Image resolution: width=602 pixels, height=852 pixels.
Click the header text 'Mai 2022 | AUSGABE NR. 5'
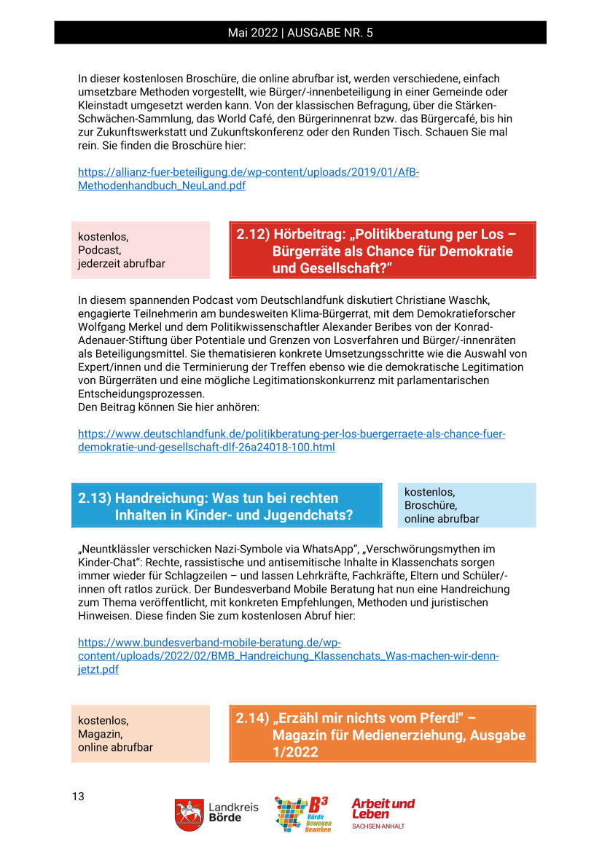300,33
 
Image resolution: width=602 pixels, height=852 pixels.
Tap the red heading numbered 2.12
382,251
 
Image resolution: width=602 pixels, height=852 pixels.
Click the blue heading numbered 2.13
226,507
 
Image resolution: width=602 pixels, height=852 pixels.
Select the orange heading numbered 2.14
382,734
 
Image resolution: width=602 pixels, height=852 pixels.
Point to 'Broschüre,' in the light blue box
431,505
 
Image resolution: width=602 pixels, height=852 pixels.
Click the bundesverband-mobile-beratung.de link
288,656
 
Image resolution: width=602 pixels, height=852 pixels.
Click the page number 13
78,796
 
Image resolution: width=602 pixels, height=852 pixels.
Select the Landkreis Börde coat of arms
189,814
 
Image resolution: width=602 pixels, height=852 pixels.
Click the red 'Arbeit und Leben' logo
383,808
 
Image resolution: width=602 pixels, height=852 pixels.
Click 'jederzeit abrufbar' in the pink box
122,263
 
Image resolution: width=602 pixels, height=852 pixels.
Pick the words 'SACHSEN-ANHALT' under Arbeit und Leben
378,826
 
